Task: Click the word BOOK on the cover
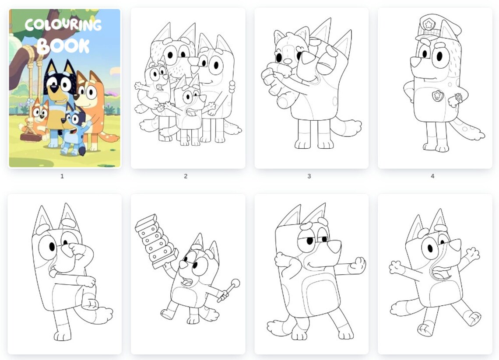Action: pos(63,45)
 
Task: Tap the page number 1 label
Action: pos(62,176)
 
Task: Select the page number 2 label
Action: pos(186,176)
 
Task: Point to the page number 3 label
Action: pos(309,176)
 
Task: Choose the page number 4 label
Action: pos(432,176)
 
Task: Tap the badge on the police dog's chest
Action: pos(437,95)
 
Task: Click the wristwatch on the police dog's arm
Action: pos(458,98)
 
